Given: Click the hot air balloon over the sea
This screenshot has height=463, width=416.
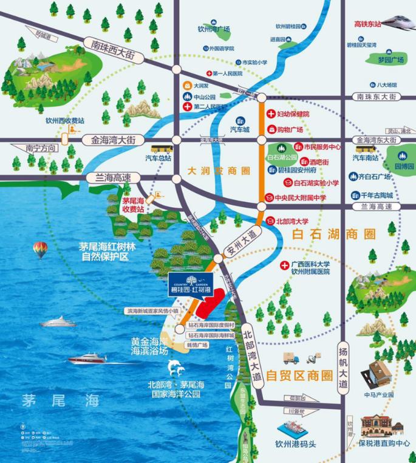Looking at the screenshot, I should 39,249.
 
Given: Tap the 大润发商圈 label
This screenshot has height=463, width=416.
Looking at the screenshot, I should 211,171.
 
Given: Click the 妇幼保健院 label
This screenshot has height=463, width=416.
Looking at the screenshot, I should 293,114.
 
